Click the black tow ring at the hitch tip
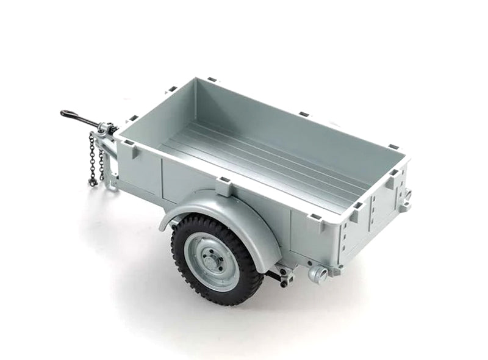(65, 113)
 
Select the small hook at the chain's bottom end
(92, 182)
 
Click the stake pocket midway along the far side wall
(304, 114)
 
